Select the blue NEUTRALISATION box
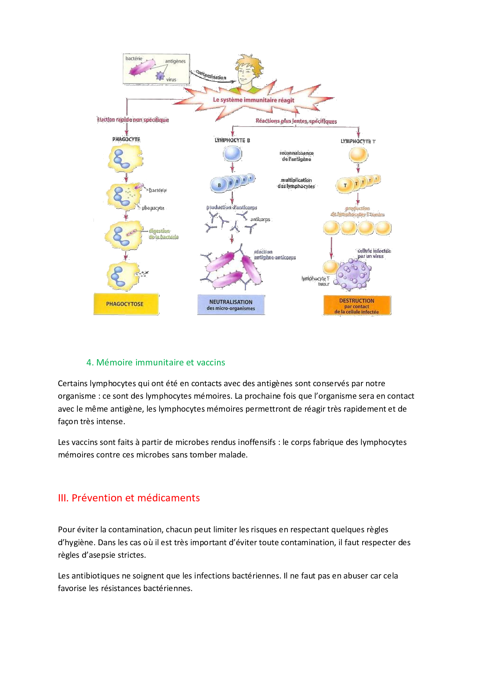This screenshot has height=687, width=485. (x=231, y=305)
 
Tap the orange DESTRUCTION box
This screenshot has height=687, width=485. (x=357, y=306)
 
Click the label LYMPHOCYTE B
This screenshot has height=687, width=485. (x=232, y=140)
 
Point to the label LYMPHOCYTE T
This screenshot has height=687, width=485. (x=358, y=141)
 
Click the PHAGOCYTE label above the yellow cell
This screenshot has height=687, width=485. (x=126, y=139)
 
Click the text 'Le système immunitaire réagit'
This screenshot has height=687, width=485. (x=253, y=100)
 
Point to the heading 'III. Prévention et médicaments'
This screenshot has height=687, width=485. (x=129, y=498)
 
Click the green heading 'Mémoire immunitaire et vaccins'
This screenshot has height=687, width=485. (x=160, y=362)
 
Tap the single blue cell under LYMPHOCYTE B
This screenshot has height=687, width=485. (x=232, y=154)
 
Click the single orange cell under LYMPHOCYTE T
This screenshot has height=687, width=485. (x=358, y=155)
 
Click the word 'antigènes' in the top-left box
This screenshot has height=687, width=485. (x=175, y=61)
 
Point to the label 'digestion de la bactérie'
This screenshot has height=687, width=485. (x=163, y=234)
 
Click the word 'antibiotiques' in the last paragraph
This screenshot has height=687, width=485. (x=95, y=576)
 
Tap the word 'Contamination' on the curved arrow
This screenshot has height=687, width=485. (x=211, y=75)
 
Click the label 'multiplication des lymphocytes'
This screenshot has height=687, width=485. (x=296, y=183)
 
